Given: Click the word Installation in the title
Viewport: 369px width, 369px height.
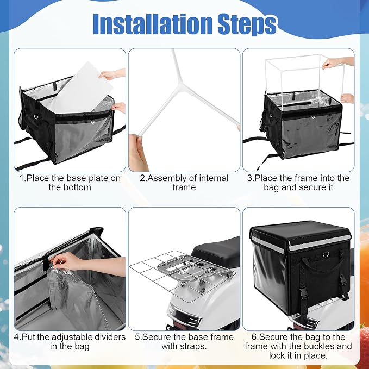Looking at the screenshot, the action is coord(153,24).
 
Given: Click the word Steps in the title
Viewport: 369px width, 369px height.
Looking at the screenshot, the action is coord(247,25).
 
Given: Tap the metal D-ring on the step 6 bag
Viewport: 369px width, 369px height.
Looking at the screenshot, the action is coord(326,254).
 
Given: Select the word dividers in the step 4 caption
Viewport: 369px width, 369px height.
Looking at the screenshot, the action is coord(110,337).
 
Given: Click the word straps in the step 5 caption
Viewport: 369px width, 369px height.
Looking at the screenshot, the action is coord(193,346).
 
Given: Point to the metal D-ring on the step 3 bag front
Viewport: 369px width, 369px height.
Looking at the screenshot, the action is coord(313,117).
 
